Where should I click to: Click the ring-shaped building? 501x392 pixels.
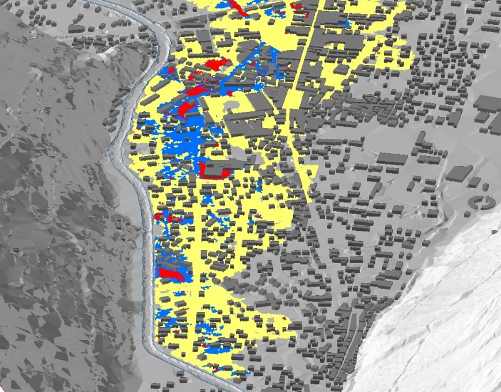pyautogui.click(x=482, y=202)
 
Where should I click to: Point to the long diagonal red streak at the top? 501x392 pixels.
pyautogui.click(x=236, y=7)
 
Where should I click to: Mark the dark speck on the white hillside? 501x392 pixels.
pyautogui.click(x=494, y=231)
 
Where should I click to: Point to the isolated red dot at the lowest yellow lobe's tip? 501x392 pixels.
pyautogui.click(x=286, y=317)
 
